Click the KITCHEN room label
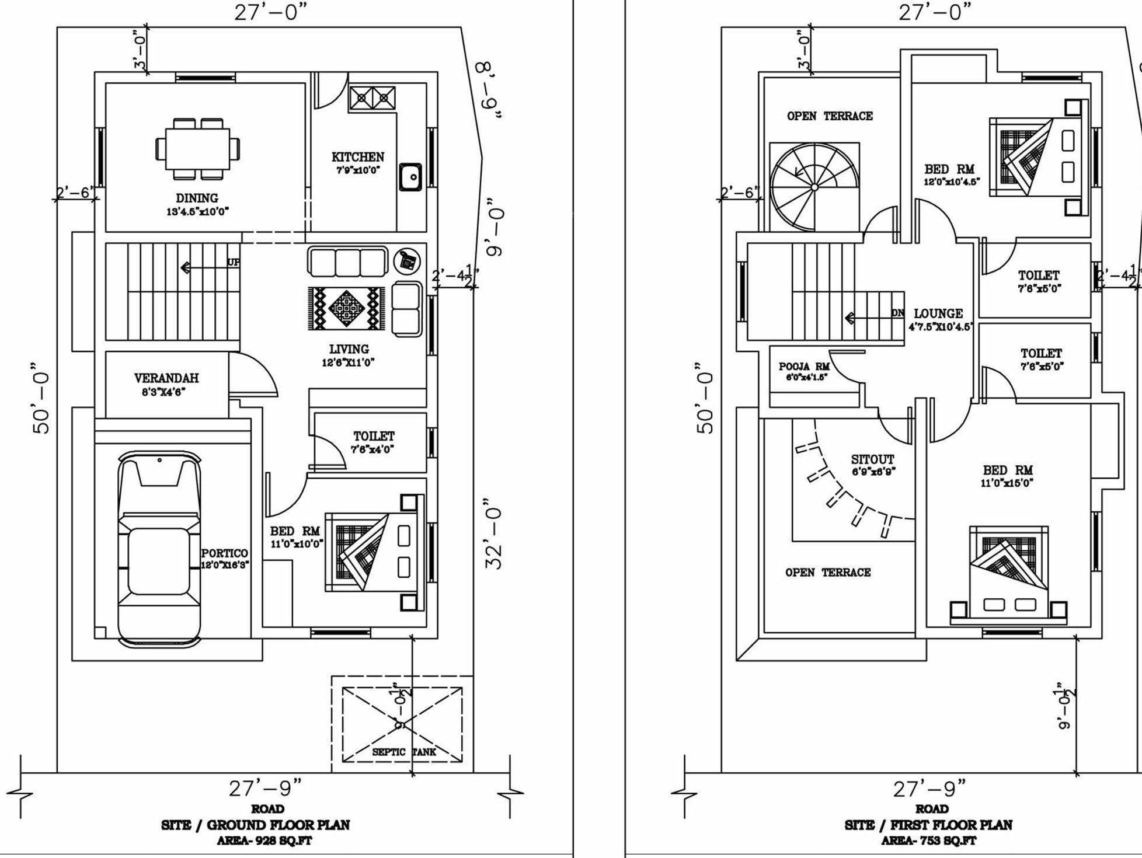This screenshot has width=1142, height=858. (358, 157)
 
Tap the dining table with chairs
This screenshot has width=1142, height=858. (197, 148)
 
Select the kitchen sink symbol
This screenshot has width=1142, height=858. (410, 177)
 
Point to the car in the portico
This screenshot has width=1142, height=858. (159, 549)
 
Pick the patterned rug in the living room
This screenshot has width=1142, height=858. (346, 308)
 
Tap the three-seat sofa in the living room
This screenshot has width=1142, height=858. (348, 261)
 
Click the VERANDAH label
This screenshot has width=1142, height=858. (166, 378)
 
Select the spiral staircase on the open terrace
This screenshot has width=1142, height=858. (814, 187)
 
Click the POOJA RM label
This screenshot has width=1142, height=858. (804, 367)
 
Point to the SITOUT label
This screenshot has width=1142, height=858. (872, 459)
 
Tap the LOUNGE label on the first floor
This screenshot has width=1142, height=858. (938, 313)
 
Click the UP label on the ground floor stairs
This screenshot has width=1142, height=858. (234, 263)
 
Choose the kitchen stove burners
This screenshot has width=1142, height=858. (372, 97)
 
